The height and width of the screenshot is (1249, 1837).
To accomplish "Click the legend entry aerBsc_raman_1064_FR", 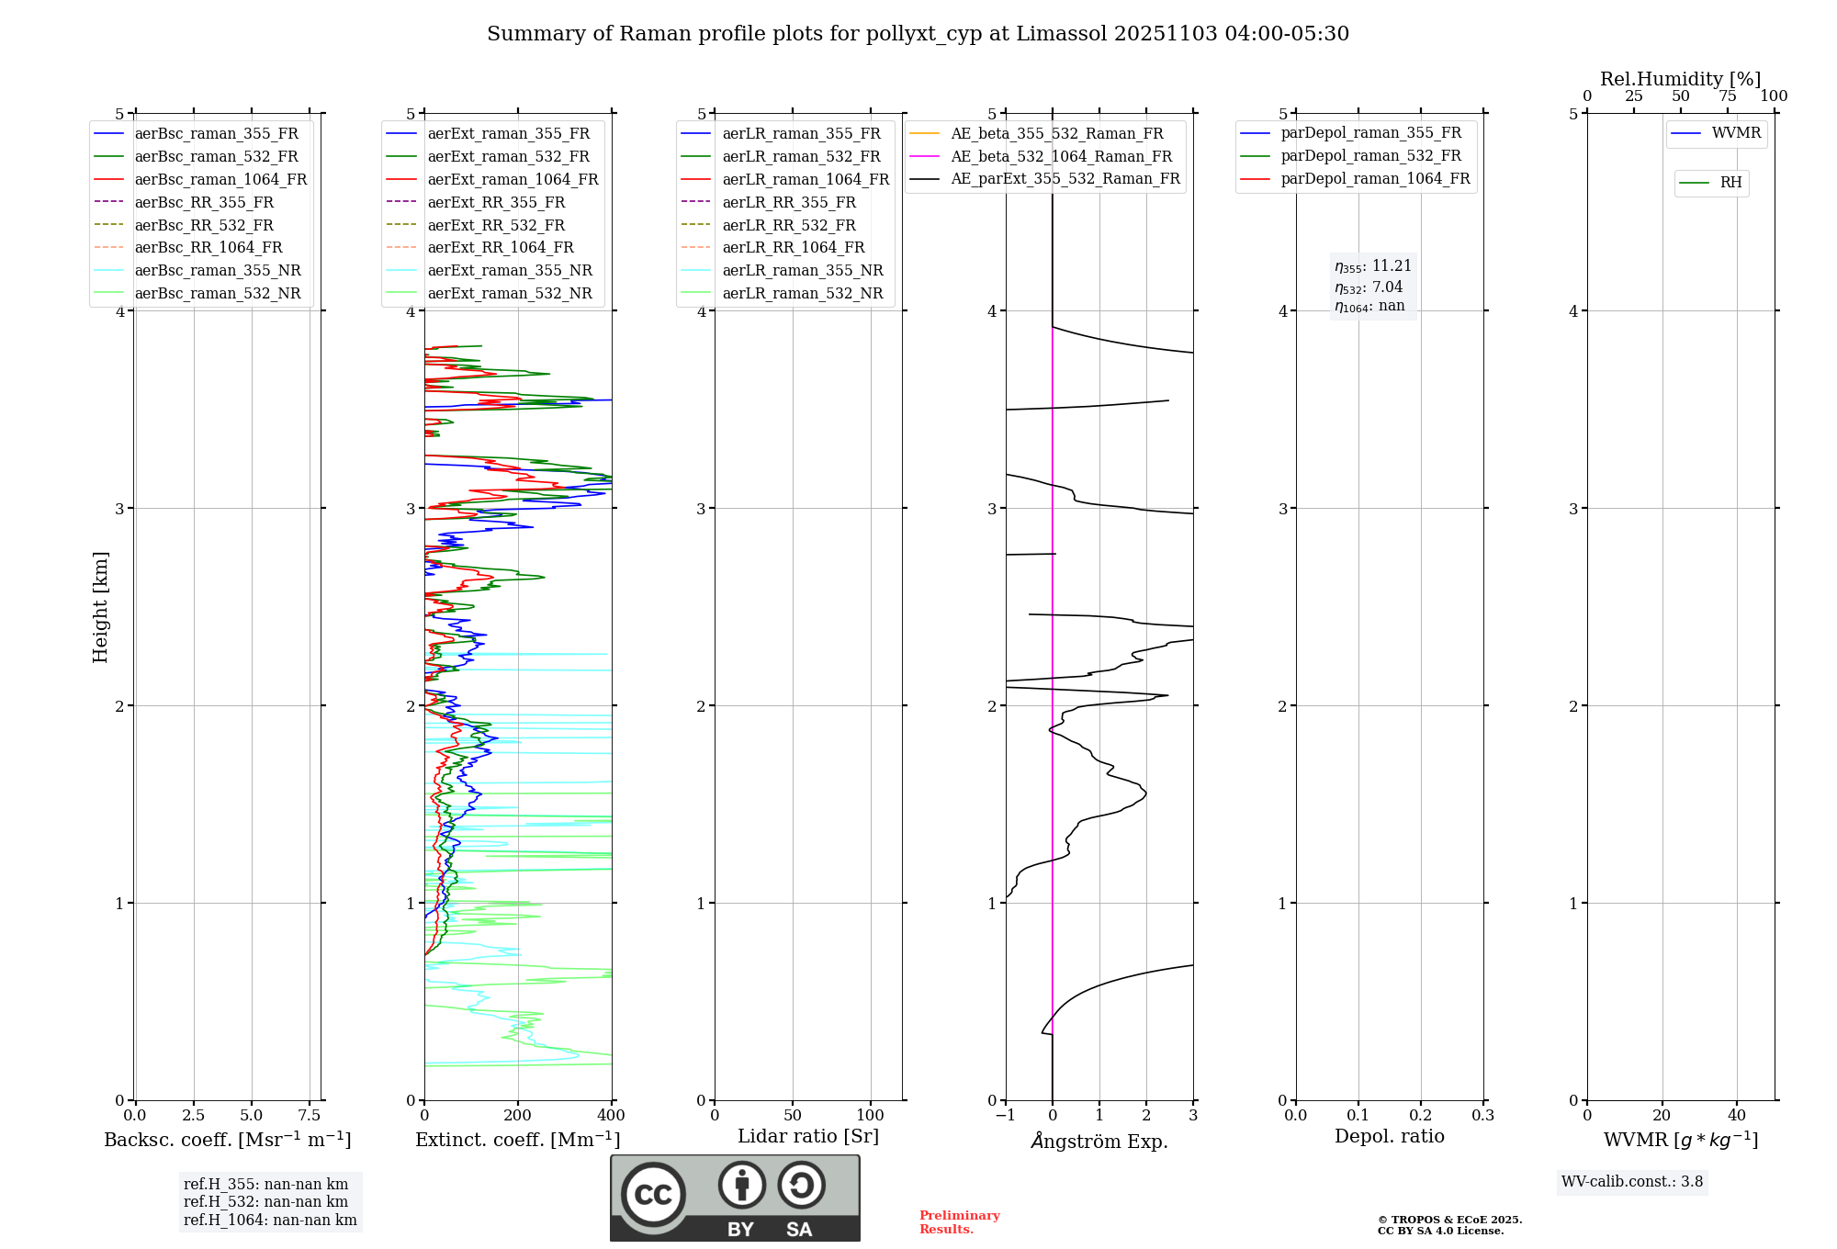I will (x=220, y=180).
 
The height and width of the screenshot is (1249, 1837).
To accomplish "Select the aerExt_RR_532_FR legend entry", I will (x=496, y=225).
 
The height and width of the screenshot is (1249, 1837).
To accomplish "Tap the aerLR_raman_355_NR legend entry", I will (x=802, y=271).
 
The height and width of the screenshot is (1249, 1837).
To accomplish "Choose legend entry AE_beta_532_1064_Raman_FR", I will (x=1061, y=157).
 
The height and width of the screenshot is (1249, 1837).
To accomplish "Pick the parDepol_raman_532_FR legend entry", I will (x=1370, y=156).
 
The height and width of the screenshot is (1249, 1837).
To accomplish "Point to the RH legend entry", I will (x=1730, y=183).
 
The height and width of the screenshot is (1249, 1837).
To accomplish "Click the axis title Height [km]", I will (x=100, y=607).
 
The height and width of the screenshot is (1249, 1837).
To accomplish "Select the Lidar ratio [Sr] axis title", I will (x=808, y=1136).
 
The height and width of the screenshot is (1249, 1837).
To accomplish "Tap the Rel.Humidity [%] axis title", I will (x=1680, y=79).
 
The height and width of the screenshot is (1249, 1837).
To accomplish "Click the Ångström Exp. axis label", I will (x=1099, y=1142).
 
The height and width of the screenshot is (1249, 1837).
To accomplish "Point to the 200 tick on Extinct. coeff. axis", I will (x=518, y=1116).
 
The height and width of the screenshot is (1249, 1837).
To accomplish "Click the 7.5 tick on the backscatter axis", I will (x=310, y=1116).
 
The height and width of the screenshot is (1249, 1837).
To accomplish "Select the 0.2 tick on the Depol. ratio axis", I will (x=1421, y=1116).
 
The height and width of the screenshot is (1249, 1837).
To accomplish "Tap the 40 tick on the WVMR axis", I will (x=1737, y=1116).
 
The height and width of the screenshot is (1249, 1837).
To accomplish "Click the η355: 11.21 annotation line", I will (x=1373, y=266).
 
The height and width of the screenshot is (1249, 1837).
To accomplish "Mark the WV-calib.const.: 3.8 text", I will (x=1632, y=1182).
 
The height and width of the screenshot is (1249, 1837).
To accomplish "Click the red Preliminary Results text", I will (x=959, y=1222).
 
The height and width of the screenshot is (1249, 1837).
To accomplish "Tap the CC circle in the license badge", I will (x=653, y=1195).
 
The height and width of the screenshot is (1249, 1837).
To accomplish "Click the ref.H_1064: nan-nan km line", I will (x=270, y=1221).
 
